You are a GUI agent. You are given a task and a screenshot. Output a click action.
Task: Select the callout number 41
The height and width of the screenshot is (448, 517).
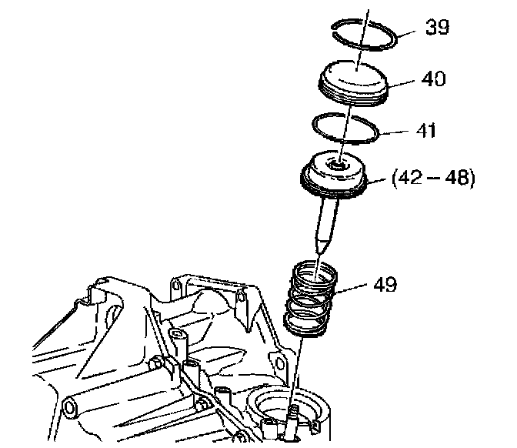point(425,130)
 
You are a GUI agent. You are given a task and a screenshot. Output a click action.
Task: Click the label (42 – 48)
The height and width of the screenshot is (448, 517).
point(433,179)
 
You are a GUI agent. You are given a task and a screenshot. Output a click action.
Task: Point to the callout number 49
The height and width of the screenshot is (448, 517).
point(385,285)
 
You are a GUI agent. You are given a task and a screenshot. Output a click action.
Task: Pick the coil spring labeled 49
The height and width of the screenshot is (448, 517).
point(312,300)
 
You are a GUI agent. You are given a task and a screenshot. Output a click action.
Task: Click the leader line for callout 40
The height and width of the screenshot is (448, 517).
point(403,81)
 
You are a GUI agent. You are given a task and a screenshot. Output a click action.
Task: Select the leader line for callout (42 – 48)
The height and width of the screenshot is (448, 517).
point(377,182)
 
